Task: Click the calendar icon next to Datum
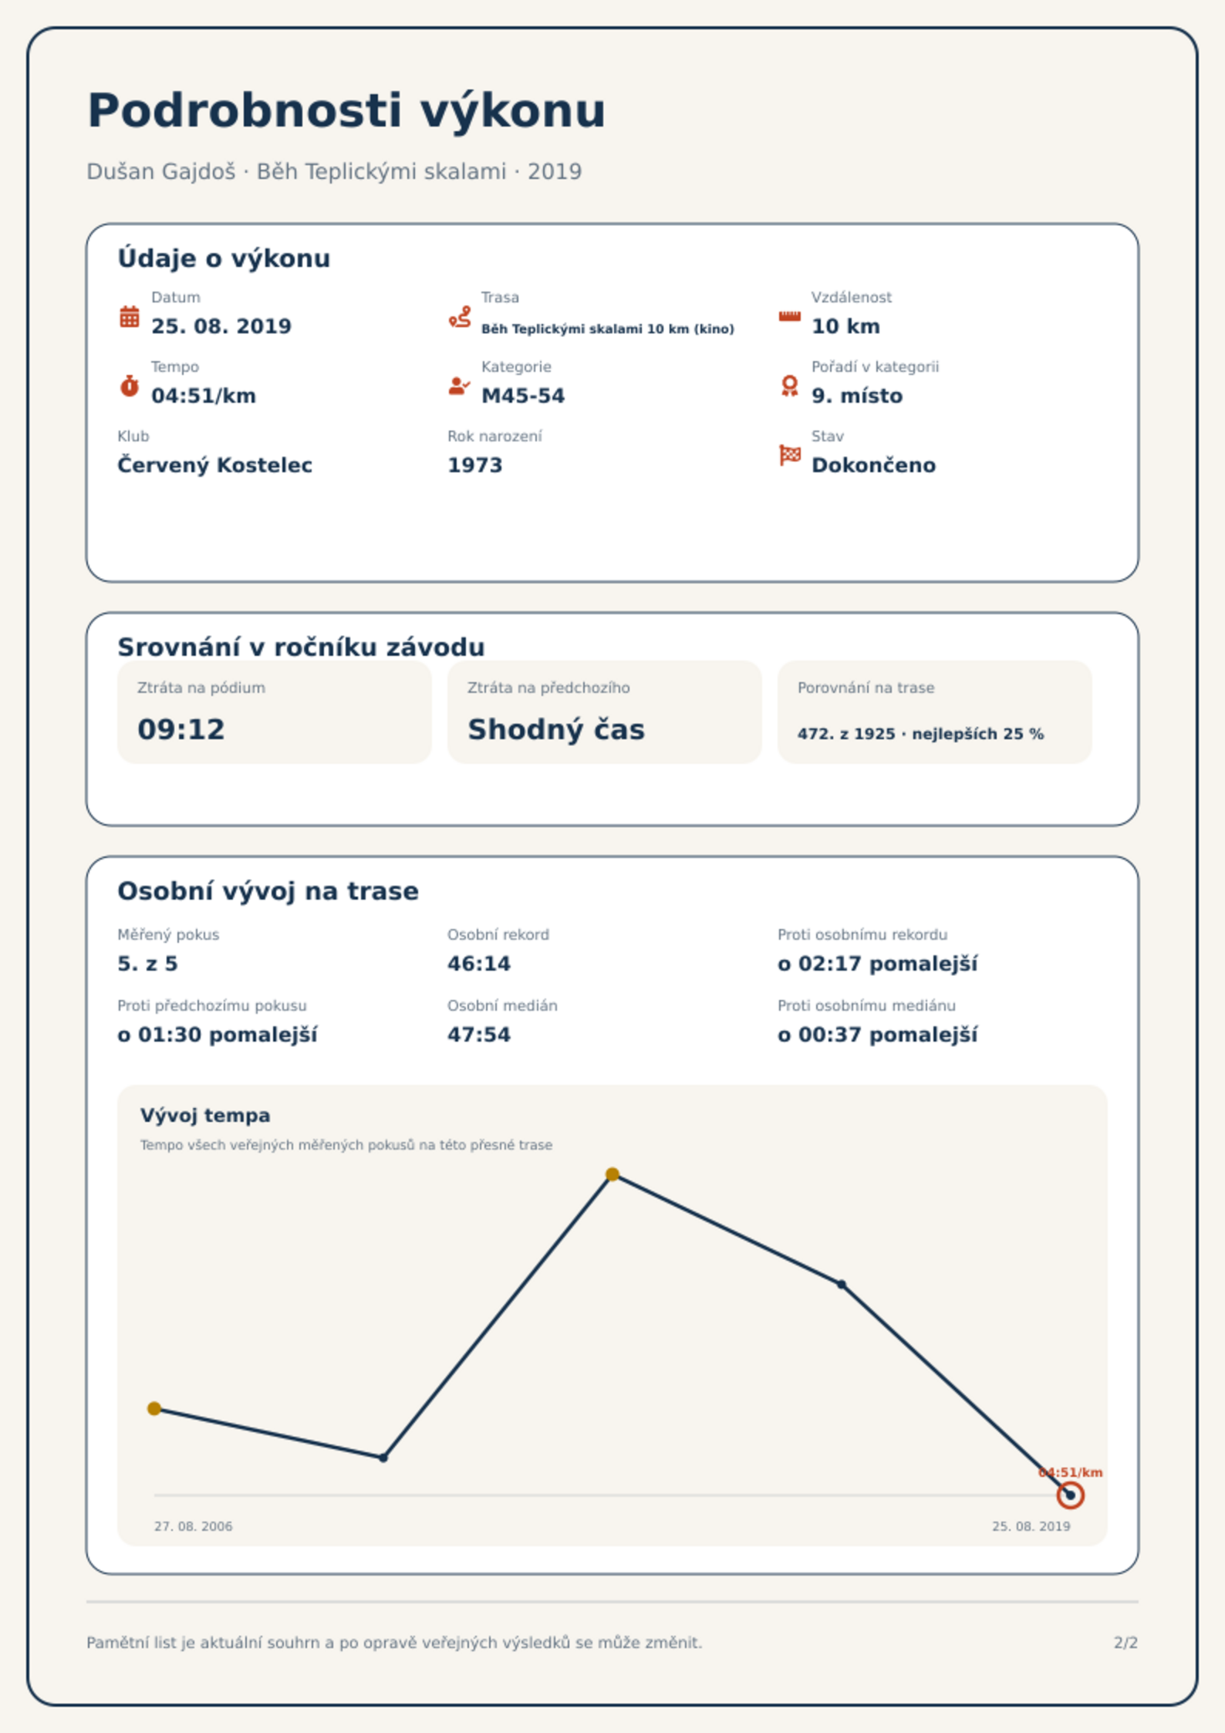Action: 130,316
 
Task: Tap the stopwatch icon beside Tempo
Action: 130,386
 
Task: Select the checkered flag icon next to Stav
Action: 790,455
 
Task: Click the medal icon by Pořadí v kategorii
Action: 789,386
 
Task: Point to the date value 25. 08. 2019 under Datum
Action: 221,326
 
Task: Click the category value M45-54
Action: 523,396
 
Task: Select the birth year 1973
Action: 474,465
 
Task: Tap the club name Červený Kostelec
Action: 214,465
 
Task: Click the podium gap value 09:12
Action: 181,729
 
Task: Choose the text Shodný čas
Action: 556,729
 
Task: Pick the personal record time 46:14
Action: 479,964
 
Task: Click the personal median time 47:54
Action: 479,1035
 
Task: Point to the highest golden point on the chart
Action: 612,1174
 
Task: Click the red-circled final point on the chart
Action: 1070,1495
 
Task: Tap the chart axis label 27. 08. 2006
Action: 193,1526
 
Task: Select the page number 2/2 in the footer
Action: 1125,1643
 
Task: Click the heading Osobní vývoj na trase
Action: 268,891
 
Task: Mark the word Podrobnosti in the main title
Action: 245,110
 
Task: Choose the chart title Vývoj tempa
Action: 205,1116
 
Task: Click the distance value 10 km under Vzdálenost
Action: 845,326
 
